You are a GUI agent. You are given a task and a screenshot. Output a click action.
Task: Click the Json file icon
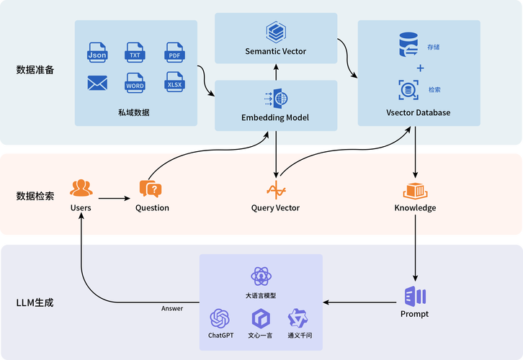coord(97,52)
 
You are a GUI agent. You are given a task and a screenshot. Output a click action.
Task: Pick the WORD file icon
coord(135,83)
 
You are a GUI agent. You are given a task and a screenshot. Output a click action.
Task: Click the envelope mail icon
coord(97,84)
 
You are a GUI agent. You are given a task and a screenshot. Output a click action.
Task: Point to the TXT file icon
coord(135,52)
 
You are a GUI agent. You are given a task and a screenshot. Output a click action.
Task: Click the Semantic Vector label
coord(276,51)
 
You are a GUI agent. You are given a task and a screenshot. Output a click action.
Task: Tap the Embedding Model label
coord(275,117)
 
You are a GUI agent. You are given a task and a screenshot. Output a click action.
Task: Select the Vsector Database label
coord(419,113)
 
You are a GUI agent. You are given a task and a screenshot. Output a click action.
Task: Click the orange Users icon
coord(81,188)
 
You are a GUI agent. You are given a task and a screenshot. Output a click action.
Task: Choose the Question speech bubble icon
coord(151,189)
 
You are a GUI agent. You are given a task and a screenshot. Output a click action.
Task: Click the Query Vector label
coord(275,208)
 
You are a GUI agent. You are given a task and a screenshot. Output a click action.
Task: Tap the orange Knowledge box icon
coord(415,191)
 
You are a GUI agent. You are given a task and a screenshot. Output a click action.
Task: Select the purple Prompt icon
coord(415,295)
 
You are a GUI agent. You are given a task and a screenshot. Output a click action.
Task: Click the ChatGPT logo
coord(220,318)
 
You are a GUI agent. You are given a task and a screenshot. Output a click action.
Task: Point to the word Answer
coord(172,309)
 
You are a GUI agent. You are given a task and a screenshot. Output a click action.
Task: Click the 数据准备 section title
coord(35,70)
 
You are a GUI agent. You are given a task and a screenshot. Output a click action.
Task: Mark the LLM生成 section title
coord(35,303)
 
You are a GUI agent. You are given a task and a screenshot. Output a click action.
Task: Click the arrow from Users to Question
coord(115,198)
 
